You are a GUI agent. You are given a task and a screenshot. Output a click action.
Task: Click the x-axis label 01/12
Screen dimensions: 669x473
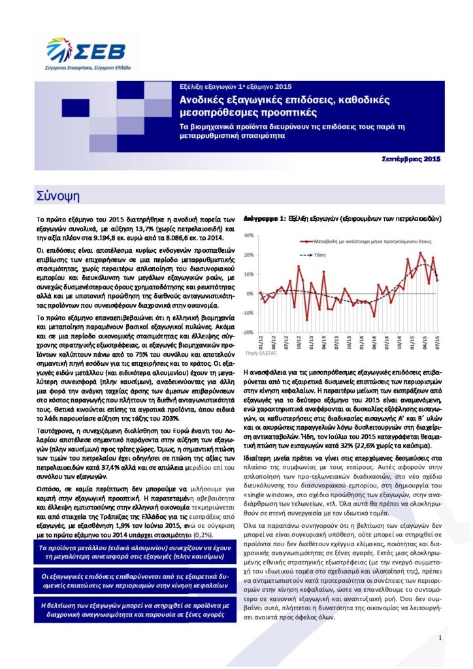(x=260, y=342)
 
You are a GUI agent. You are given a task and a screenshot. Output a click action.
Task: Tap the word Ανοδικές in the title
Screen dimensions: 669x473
(x=203, y=100)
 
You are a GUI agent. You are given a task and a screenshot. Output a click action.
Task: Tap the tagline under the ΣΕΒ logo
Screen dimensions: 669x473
(x=88, y=67)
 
